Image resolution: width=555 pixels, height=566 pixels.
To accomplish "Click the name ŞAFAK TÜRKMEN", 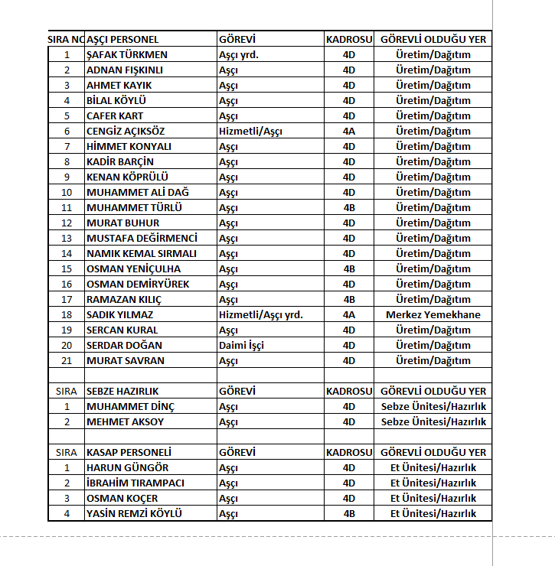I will point(127,54).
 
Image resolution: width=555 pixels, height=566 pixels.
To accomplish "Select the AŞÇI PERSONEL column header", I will point(123,39).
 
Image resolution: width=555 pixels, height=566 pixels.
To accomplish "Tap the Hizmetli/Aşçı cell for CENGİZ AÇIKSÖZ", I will point(250,131).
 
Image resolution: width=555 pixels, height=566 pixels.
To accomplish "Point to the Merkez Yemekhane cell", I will point(433,314).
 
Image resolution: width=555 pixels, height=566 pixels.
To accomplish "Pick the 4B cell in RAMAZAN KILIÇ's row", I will point(349,299).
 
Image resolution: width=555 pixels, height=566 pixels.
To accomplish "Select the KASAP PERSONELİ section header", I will point(129,452).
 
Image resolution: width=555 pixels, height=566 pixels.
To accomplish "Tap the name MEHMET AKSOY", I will point(126,421).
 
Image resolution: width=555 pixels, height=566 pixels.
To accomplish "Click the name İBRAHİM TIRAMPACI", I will point(135,483).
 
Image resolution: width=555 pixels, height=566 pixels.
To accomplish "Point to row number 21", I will point(67,360).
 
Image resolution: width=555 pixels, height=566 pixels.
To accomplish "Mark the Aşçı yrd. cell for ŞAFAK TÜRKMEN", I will point(238,54).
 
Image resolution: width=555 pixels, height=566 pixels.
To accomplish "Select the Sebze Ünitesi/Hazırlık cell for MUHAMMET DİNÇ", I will point(433,406).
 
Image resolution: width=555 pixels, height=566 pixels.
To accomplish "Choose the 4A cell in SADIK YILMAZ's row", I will point(349,314).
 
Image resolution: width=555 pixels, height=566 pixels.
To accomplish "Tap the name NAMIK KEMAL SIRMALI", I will point(142,253).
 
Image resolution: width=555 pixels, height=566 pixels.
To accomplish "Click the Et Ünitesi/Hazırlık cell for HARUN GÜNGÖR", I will point(433,467).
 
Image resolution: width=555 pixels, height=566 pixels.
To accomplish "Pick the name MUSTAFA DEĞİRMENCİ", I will point(142,238).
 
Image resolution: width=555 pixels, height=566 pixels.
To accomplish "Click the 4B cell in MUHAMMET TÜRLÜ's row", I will point(349,207).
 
